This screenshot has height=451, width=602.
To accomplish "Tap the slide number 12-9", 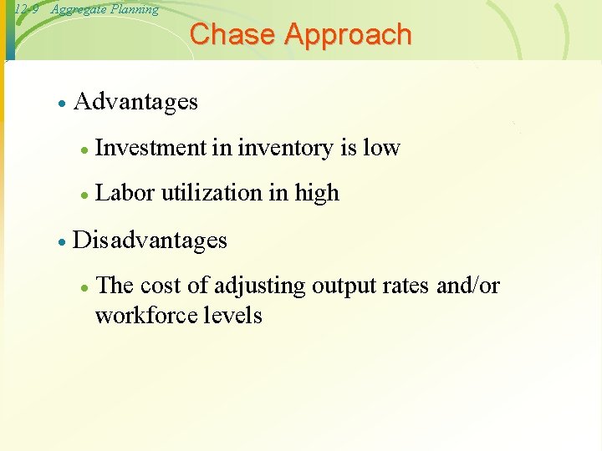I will [27, 10].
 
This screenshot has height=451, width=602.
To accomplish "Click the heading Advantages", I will [135, 102].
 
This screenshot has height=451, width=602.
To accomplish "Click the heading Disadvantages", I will [150, 241].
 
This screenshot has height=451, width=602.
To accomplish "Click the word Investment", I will [151, 149].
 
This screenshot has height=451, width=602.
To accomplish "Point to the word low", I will [382, 149].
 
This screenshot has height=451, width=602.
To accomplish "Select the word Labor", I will [125, 193].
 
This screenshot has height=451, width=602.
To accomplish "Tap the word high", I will [317, 193].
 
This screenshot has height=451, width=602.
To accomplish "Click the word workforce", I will [139, 316].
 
